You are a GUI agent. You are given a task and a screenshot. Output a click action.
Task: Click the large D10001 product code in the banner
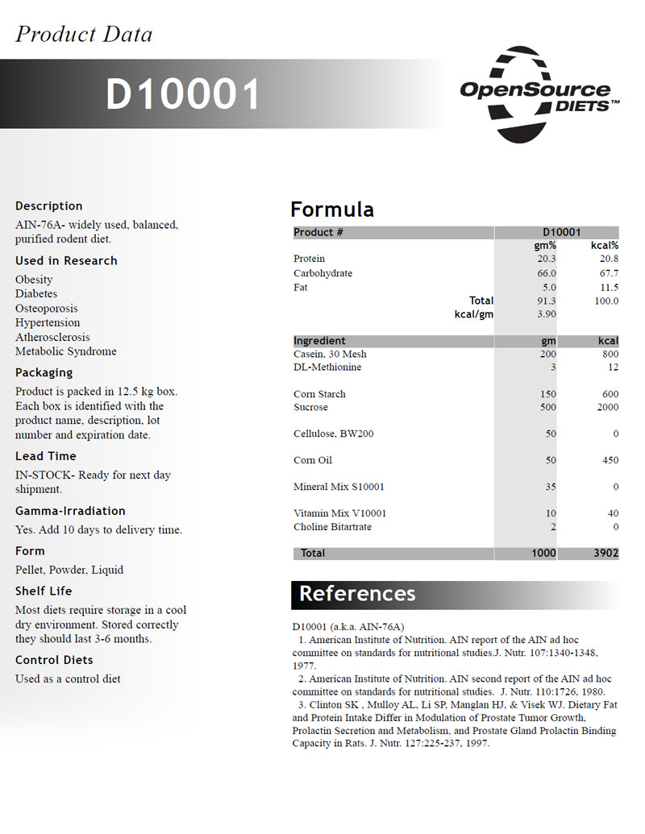(184, 94)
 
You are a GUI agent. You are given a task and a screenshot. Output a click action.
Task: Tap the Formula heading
(332, 210)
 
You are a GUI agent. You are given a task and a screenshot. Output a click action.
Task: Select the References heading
(357, 594)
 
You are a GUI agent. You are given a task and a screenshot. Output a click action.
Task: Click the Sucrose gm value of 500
(547, 408)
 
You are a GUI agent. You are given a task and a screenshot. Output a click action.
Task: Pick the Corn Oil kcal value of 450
(610, 461)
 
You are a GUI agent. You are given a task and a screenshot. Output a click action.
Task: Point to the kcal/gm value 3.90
(547, 314)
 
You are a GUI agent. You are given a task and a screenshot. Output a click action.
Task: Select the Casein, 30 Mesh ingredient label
(330, 355)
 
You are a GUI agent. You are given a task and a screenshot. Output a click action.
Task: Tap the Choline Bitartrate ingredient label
(333, 527)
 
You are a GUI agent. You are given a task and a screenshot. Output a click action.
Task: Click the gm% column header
(545, 246)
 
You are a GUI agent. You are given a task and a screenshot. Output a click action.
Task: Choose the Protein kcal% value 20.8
(609, 259)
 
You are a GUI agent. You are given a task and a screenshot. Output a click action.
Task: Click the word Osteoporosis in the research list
(47, 309)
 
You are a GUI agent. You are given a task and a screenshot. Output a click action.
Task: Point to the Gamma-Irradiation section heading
(70, 511)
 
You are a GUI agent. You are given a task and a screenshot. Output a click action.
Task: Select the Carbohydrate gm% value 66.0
(547, 273)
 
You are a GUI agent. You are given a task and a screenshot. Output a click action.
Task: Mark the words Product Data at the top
(84, 34)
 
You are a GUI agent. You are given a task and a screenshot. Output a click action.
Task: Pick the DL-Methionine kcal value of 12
(614, 367)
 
